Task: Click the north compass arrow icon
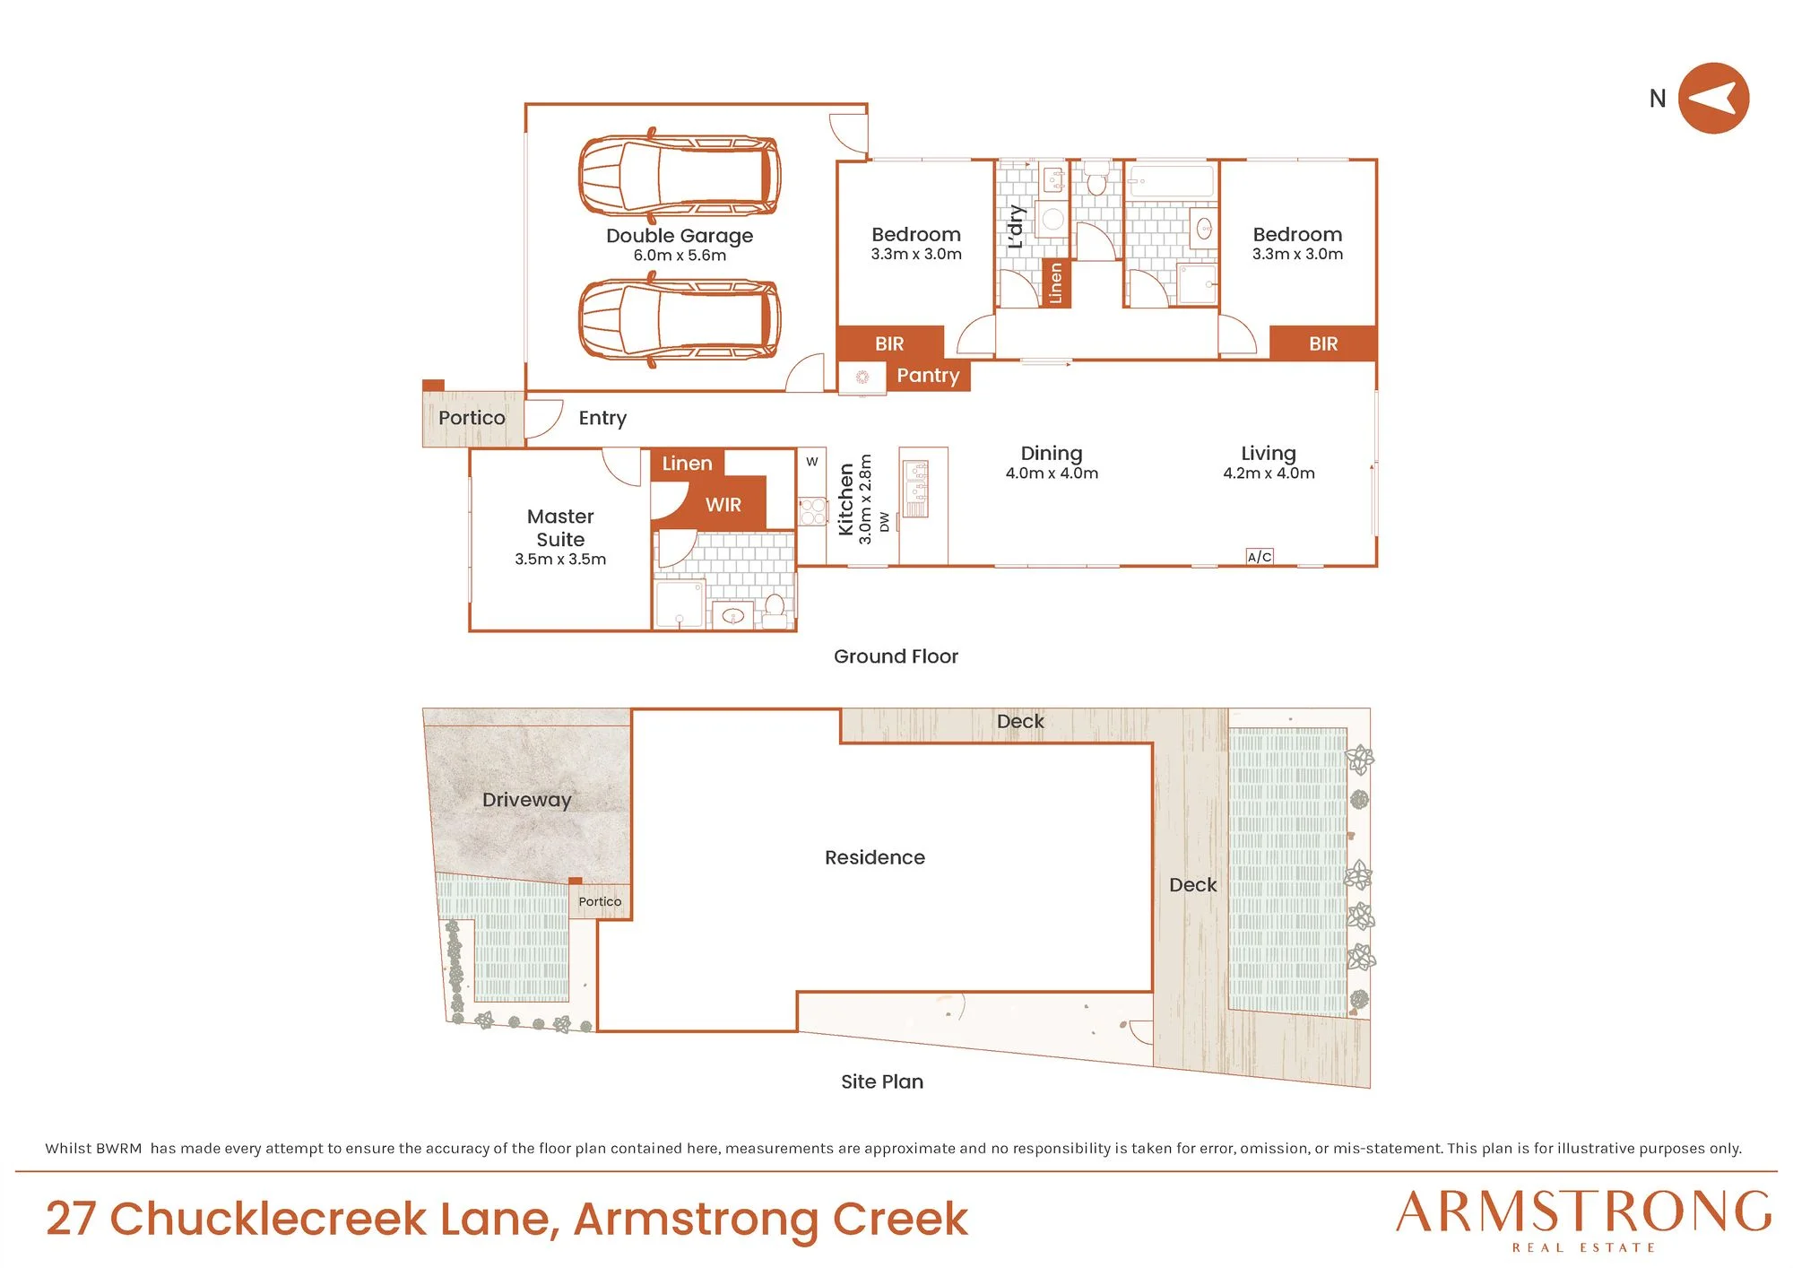(1713, 98)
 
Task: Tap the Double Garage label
(680, 236)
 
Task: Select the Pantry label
(928, 376)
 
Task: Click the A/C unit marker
(1260, 557)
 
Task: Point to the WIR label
(723, 505)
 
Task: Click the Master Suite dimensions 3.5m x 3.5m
(560, 560)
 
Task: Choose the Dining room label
(1052, 454)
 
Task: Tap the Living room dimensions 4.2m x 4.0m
(1269, 473)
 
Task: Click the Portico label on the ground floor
(472, 418)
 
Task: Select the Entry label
(602, 419)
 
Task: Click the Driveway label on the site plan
(526, 800)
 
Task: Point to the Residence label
(875, 857)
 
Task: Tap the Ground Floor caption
(896, 656)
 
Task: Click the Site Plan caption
(882, 1081)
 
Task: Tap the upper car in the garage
(679, 175)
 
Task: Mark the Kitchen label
(845, 499)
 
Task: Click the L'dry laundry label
(1015, 226)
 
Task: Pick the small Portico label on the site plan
(600, 901)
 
